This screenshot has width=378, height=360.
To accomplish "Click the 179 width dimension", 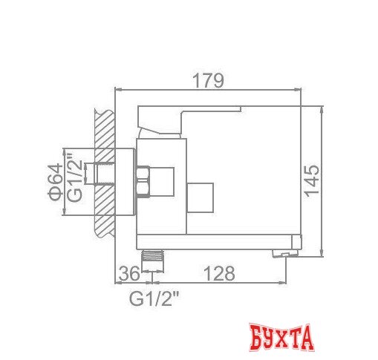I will [x=207, y=80].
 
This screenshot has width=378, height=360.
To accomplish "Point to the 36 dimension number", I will [x=129, y=273].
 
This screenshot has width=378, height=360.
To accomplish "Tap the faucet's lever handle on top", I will [x=186, y=117].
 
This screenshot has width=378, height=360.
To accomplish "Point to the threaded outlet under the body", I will [x=154, y=257].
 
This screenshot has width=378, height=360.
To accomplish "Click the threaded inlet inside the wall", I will [x=97, y=174].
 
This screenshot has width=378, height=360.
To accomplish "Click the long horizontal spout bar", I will [x=223, y=241].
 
